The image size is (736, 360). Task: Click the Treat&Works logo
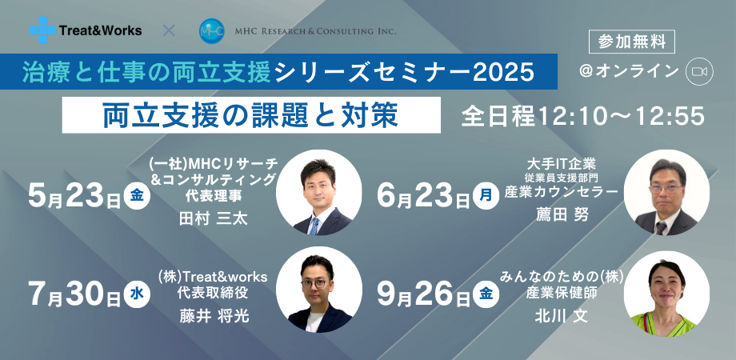(x=86, y=30)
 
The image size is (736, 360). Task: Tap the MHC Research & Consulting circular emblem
(x=211, y=31)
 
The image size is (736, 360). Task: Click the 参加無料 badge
(x=631, y=40)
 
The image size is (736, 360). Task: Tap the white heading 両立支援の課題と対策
(x=250, y=115)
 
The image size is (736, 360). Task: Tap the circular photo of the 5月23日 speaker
(x=318, y=193)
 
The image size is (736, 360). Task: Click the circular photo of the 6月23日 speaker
(x=666, y=193)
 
